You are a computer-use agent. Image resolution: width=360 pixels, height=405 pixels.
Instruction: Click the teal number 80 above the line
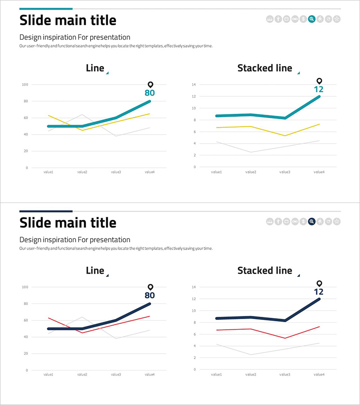(150, 93)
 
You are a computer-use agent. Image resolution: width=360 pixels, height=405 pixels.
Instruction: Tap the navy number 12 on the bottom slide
(319, 292)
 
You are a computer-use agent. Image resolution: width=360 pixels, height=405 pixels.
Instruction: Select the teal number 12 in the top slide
(319, 89)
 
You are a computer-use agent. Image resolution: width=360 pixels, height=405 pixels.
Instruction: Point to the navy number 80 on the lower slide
(150, 296)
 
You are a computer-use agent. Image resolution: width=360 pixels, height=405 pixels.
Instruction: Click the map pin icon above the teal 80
(150, 85)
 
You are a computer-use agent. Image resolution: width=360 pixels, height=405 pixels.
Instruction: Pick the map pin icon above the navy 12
(319, 283)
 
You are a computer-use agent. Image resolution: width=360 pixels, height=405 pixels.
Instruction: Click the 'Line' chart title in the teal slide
(95, 68)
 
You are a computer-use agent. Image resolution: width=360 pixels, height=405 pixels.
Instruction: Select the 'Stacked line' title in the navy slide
(265, 271)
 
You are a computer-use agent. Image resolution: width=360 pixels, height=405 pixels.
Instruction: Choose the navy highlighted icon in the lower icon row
(311, 221)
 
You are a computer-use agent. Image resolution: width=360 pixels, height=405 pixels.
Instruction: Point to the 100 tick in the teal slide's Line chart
(25, 85)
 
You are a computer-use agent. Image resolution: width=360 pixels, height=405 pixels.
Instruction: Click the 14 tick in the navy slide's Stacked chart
(193, 287)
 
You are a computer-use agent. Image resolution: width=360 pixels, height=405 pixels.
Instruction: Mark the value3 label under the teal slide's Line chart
(116, 172)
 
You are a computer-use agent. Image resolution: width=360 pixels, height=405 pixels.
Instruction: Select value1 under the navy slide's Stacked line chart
(217, 374)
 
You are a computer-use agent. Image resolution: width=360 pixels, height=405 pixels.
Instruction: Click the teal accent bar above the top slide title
(46, 9)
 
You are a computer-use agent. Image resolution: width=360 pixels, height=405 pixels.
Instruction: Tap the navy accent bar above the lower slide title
(46, 211)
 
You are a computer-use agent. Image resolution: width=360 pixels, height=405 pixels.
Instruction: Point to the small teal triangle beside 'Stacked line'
(298, 72)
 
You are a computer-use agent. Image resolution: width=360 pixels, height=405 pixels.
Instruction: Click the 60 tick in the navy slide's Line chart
(25, 320)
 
